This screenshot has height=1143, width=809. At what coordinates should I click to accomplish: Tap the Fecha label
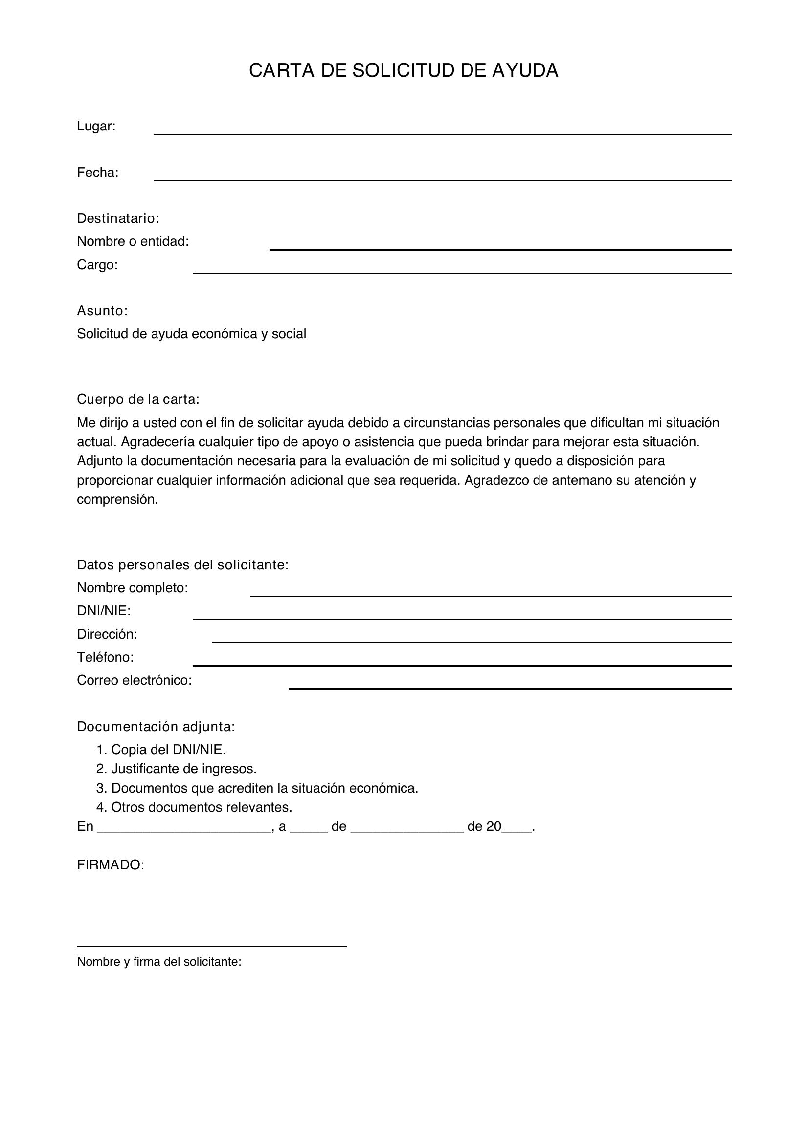click(x=98, y=173)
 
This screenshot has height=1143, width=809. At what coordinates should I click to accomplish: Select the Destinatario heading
click(x=118, y=218)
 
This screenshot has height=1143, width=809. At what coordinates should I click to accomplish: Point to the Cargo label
click(x=97, y=265)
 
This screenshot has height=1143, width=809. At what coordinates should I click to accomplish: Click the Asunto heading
click(x=102, y=311)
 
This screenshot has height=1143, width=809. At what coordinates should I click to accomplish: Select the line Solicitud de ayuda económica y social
click(x=191, y=334)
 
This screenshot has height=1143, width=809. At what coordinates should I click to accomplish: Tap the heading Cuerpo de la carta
click(x=138, y=399)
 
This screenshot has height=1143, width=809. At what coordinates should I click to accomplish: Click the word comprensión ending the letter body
click(x=117, y=499)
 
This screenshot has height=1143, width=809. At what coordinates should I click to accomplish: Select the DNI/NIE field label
click(x=104, y=611)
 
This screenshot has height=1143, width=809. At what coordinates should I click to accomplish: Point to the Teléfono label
click(x=105, y=657)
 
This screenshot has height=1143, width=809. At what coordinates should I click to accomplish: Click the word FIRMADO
click(x=110, y=865)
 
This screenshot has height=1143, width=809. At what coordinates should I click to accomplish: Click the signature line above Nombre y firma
click(x=211, y=946)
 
